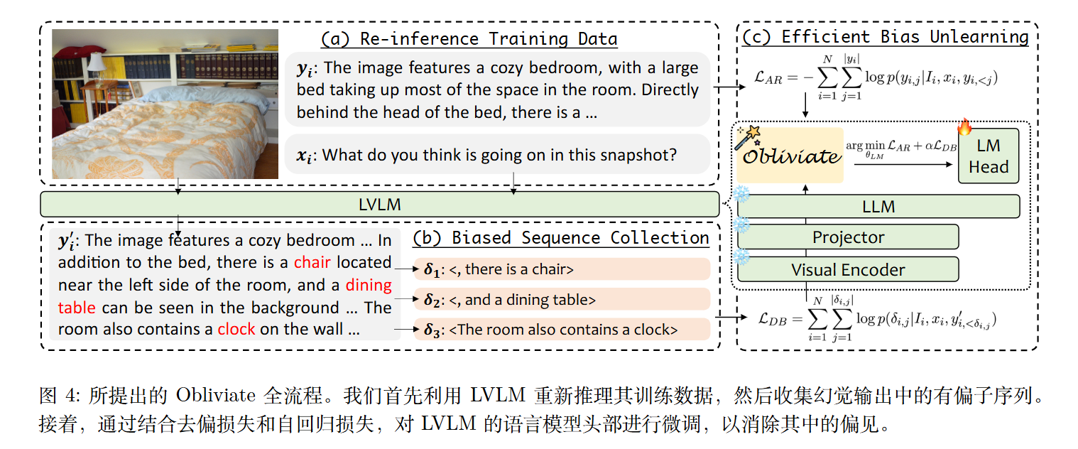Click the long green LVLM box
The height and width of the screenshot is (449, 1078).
[380, 205]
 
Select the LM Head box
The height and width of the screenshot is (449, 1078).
[989, 156]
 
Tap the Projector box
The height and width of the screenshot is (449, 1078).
[848, 237]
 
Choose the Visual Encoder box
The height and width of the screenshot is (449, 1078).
[848, 269]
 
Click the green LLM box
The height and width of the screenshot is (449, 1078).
[878, 207]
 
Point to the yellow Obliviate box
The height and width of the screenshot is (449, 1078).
[790, 155]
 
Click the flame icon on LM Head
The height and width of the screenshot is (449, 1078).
[964, 127]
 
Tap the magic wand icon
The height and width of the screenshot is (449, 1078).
[748, 136]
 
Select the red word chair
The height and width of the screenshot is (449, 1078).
[312, 262]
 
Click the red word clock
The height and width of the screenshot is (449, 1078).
[236, 329]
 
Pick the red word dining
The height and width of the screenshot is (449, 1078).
[369, 286]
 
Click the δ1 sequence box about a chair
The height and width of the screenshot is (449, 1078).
[562, 269]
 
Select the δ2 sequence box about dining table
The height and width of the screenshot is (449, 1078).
[562, 299]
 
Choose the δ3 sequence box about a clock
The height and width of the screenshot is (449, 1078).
[562, 330]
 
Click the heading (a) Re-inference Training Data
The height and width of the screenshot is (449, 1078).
[469, 39]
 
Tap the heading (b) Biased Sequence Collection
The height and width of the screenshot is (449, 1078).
[560, 238]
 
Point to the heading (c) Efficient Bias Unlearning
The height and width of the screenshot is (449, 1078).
[886, 37]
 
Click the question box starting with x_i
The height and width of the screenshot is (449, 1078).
[497, 154]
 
